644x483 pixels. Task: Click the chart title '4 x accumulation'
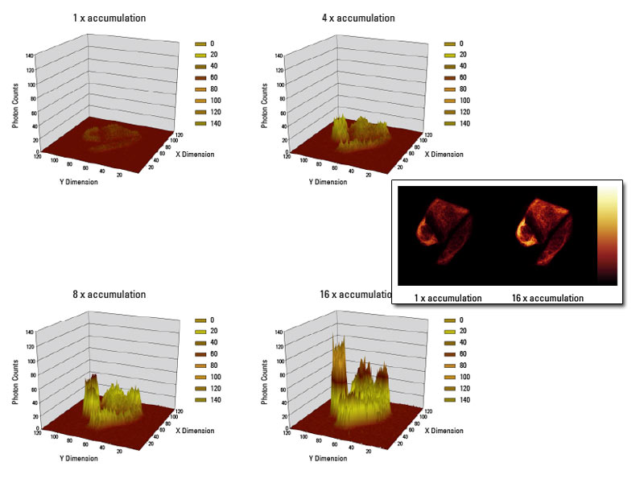coord(358,18)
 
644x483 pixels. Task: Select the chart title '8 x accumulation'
coord(109,295)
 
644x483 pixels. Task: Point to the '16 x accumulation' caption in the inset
coord(547,298)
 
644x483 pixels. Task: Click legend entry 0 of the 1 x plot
coord(204,43)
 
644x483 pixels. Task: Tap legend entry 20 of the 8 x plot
coord(204,331)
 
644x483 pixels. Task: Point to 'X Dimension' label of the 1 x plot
coord(195,154)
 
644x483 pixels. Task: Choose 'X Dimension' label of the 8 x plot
coord(195,431)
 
